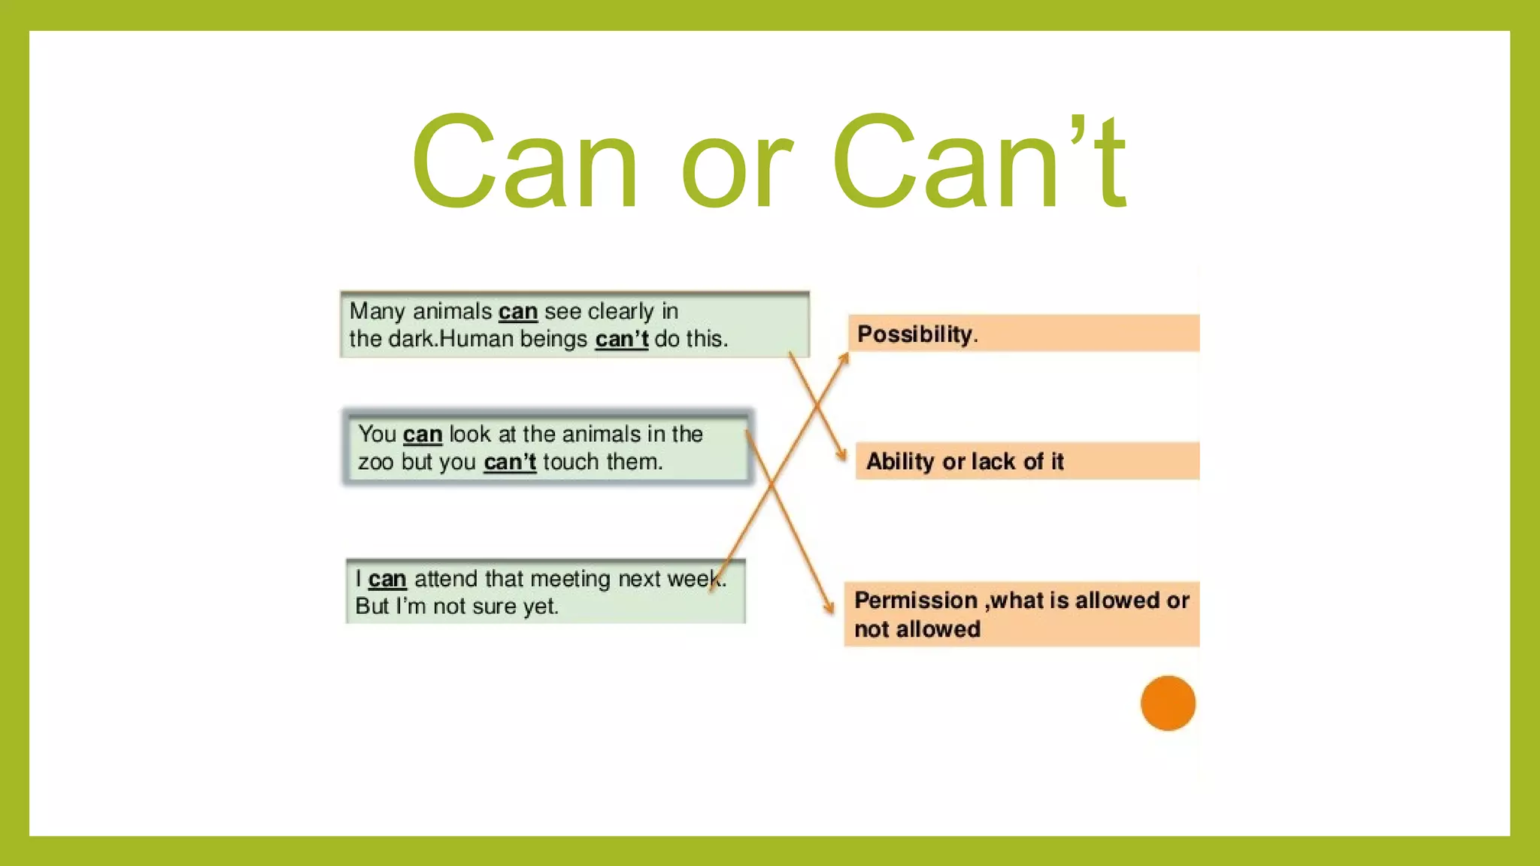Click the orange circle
[x=1167, y=703]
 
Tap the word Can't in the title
[x=978, y=162]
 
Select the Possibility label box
[x=1023, y=333]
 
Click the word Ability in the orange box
[x=899, y=461]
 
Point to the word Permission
[x=915, y=600]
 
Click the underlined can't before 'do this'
[x=621, y=339]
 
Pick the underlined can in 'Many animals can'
[x=517, y=311]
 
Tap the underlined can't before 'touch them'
[x=509, y=462]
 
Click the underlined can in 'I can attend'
[x=387, y=579]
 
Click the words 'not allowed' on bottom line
[x=917, y=629]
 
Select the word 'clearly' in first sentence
[x=620, y=311]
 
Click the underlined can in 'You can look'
[x=422, y=435]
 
